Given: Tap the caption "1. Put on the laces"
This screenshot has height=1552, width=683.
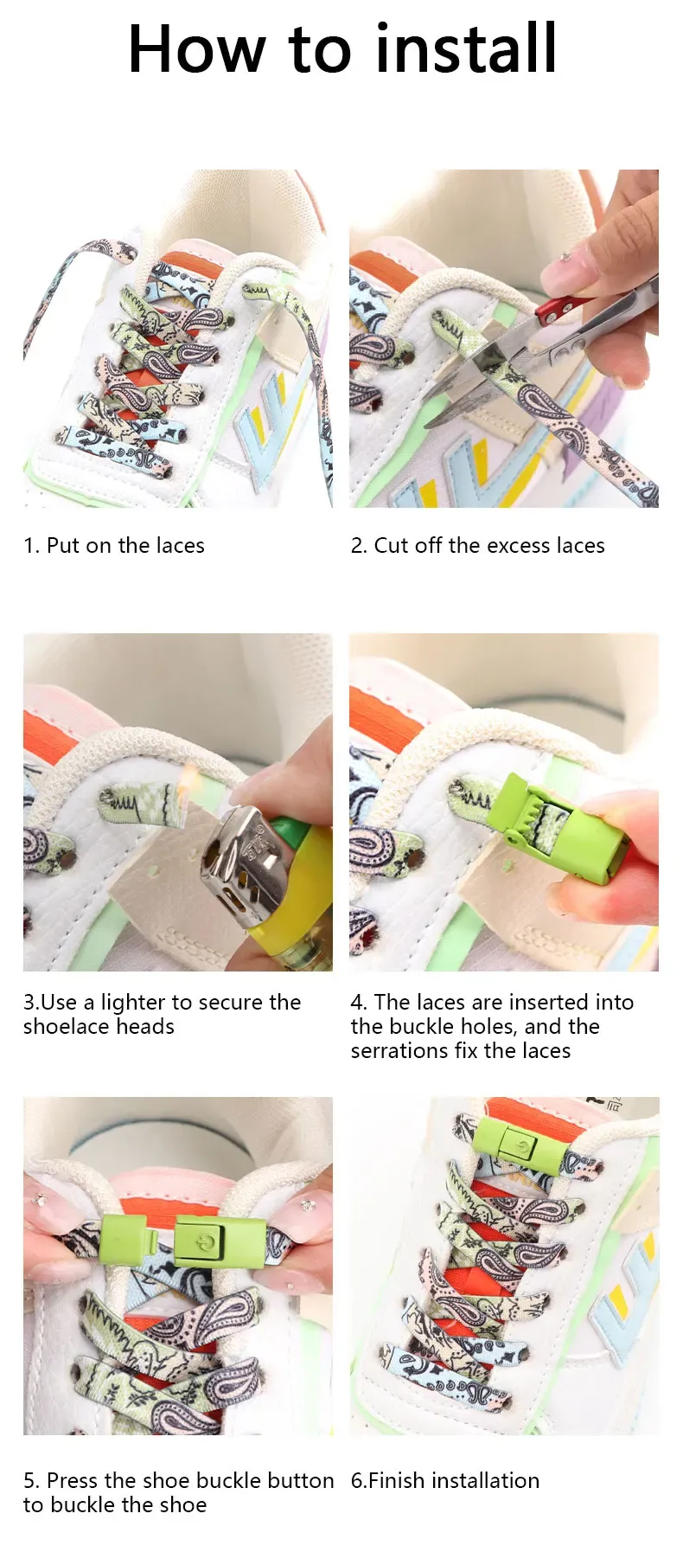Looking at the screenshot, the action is [114, 546].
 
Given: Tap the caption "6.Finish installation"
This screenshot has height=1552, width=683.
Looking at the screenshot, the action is [445, 1480].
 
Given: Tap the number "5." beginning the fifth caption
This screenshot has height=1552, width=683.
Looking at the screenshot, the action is [32, 1480].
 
